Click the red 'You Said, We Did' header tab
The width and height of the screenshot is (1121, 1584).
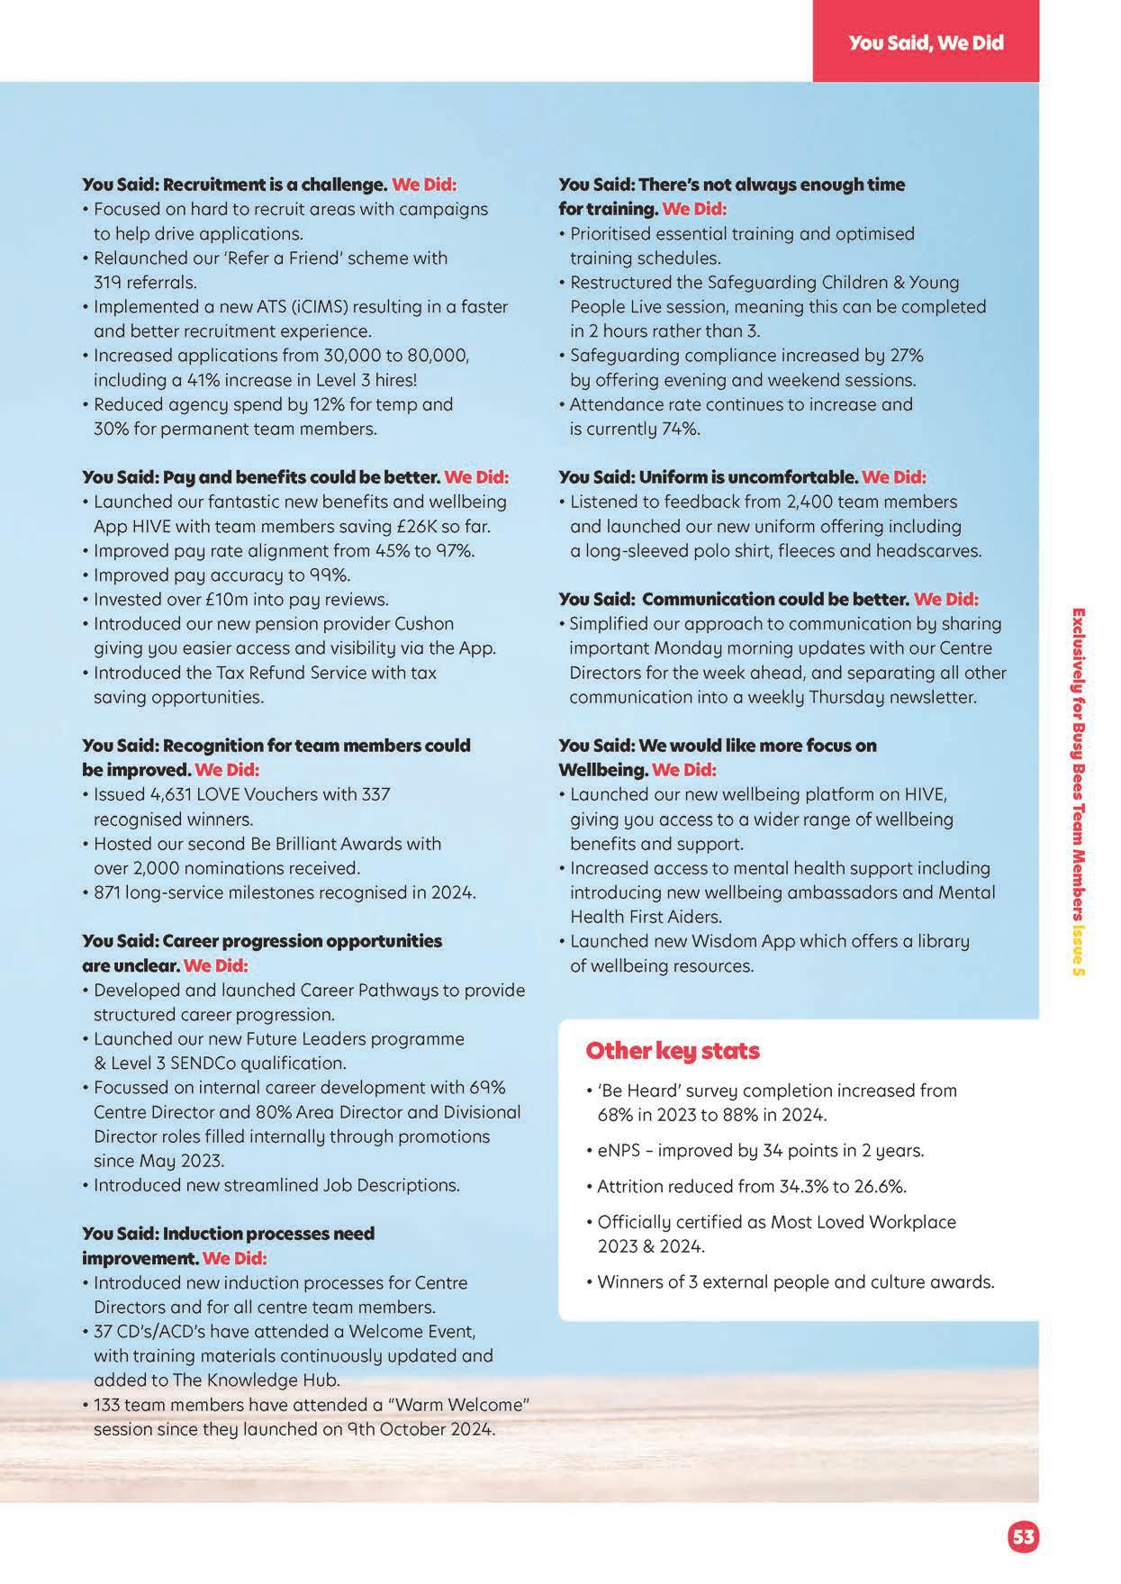click(x=926, y=43)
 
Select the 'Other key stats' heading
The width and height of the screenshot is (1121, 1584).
click(x=672, y=1051)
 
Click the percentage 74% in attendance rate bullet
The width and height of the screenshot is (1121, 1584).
click(x=681, y=429)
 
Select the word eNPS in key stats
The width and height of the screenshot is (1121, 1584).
click(x=619, y=1150)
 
